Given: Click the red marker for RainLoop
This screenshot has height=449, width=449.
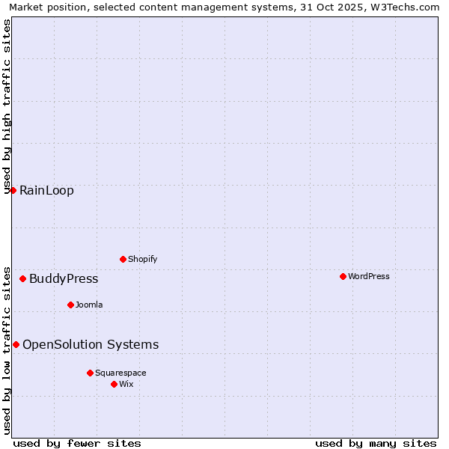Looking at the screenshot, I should [13, 190].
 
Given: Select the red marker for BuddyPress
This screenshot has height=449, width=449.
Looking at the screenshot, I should [22, 279].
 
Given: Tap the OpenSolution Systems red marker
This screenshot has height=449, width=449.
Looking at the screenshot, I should [16, 344].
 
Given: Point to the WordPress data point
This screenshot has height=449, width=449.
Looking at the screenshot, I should [343, 276].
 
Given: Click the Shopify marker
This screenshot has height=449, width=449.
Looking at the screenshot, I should [123, 259].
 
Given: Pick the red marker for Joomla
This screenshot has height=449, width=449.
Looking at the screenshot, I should [70, 305].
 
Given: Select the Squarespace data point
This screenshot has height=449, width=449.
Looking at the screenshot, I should [90, 373].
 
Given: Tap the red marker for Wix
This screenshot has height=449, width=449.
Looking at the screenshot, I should [114, 384].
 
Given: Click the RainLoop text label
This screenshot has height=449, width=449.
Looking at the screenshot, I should [46, 190].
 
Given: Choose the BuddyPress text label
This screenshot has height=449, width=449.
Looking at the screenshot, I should [64, 279].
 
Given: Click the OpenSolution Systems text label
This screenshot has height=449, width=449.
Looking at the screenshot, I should [91, 344].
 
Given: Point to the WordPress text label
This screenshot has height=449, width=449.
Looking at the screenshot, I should [369, 276].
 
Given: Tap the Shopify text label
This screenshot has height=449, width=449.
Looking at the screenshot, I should [142, 259].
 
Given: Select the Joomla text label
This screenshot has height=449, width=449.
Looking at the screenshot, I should [89, 305].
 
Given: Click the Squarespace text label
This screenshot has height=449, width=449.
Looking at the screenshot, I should [120, 373].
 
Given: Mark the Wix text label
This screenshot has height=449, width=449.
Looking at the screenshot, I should [126, 384].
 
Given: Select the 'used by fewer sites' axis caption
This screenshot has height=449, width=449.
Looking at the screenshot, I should [77, 443].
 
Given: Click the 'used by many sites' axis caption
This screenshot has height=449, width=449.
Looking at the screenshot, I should [376, 443].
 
